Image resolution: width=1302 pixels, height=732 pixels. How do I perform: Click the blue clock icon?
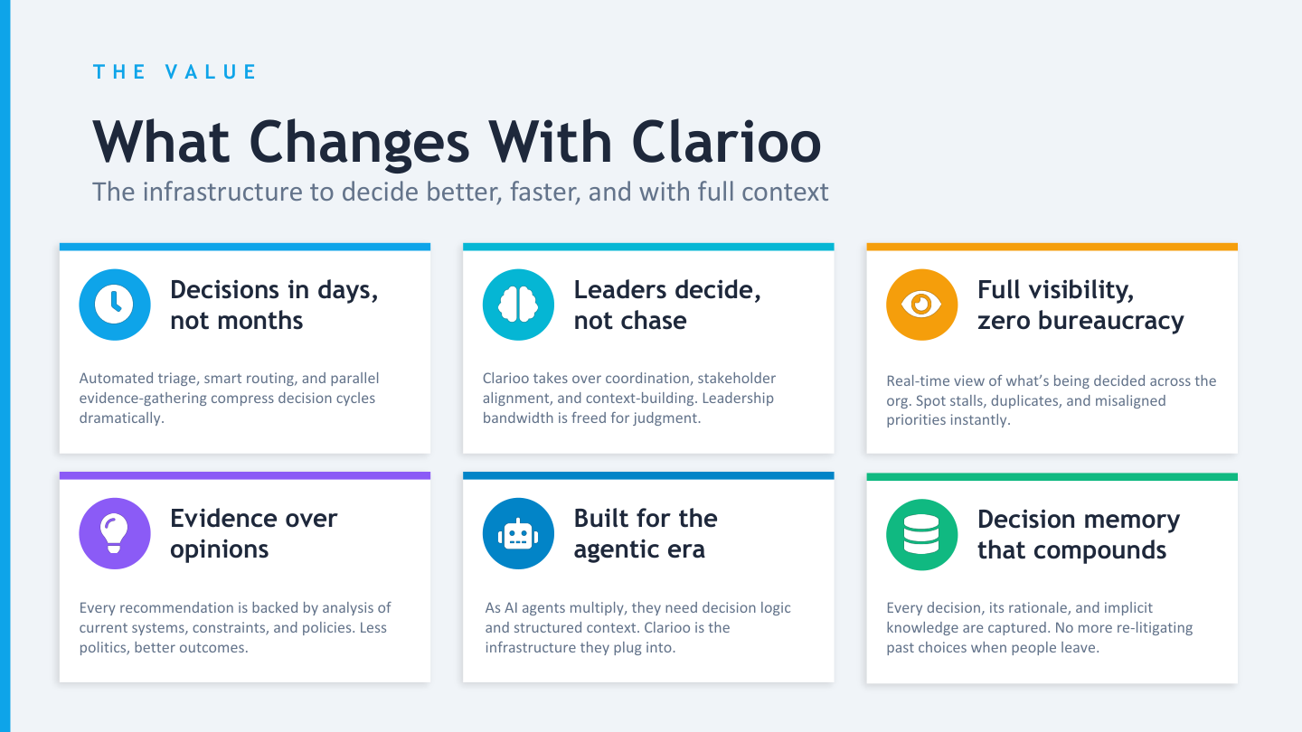pos(115,305)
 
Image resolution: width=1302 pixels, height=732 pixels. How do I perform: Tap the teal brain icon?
pos(518,305)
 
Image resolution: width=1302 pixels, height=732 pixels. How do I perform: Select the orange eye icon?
pos(921,305)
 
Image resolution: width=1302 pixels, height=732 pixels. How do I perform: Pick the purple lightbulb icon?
pos(115,533)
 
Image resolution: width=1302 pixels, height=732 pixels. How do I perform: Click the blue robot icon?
pos(518,533)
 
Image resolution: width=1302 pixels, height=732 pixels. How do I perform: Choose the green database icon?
pos(921,534)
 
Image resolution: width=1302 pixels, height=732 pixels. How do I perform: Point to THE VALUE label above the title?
pos(175,72)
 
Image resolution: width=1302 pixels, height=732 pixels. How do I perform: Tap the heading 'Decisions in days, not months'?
pos(273,305)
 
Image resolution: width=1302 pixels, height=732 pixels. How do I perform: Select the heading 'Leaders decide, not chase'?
pos(667,305)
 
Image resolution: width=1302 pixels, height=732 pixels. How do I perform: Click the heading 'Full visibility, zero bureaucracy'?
pos(1080,305)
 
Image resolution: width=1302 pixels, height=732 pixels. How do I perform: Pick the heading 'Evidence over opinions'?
pos(253,533)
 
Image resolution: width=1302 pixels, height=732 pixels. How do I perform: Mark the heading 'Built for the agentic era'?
pos(645,533)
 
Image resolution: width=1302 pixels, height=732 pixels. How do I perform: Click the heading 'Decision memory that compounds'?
pos(1078,534)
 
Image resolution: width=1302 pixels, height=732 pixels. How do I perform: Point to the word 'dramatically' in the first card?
pos(121,418)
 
